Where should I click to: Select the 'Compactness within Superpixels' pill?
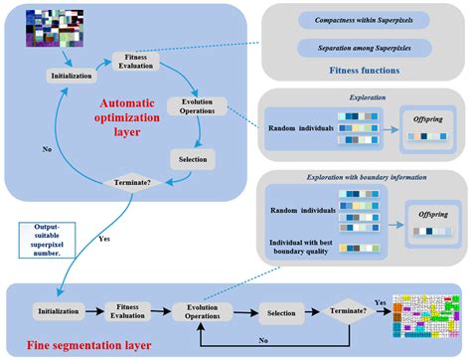coord(367,22)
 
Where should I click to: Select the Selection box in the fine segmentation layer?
coord(280,311)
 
